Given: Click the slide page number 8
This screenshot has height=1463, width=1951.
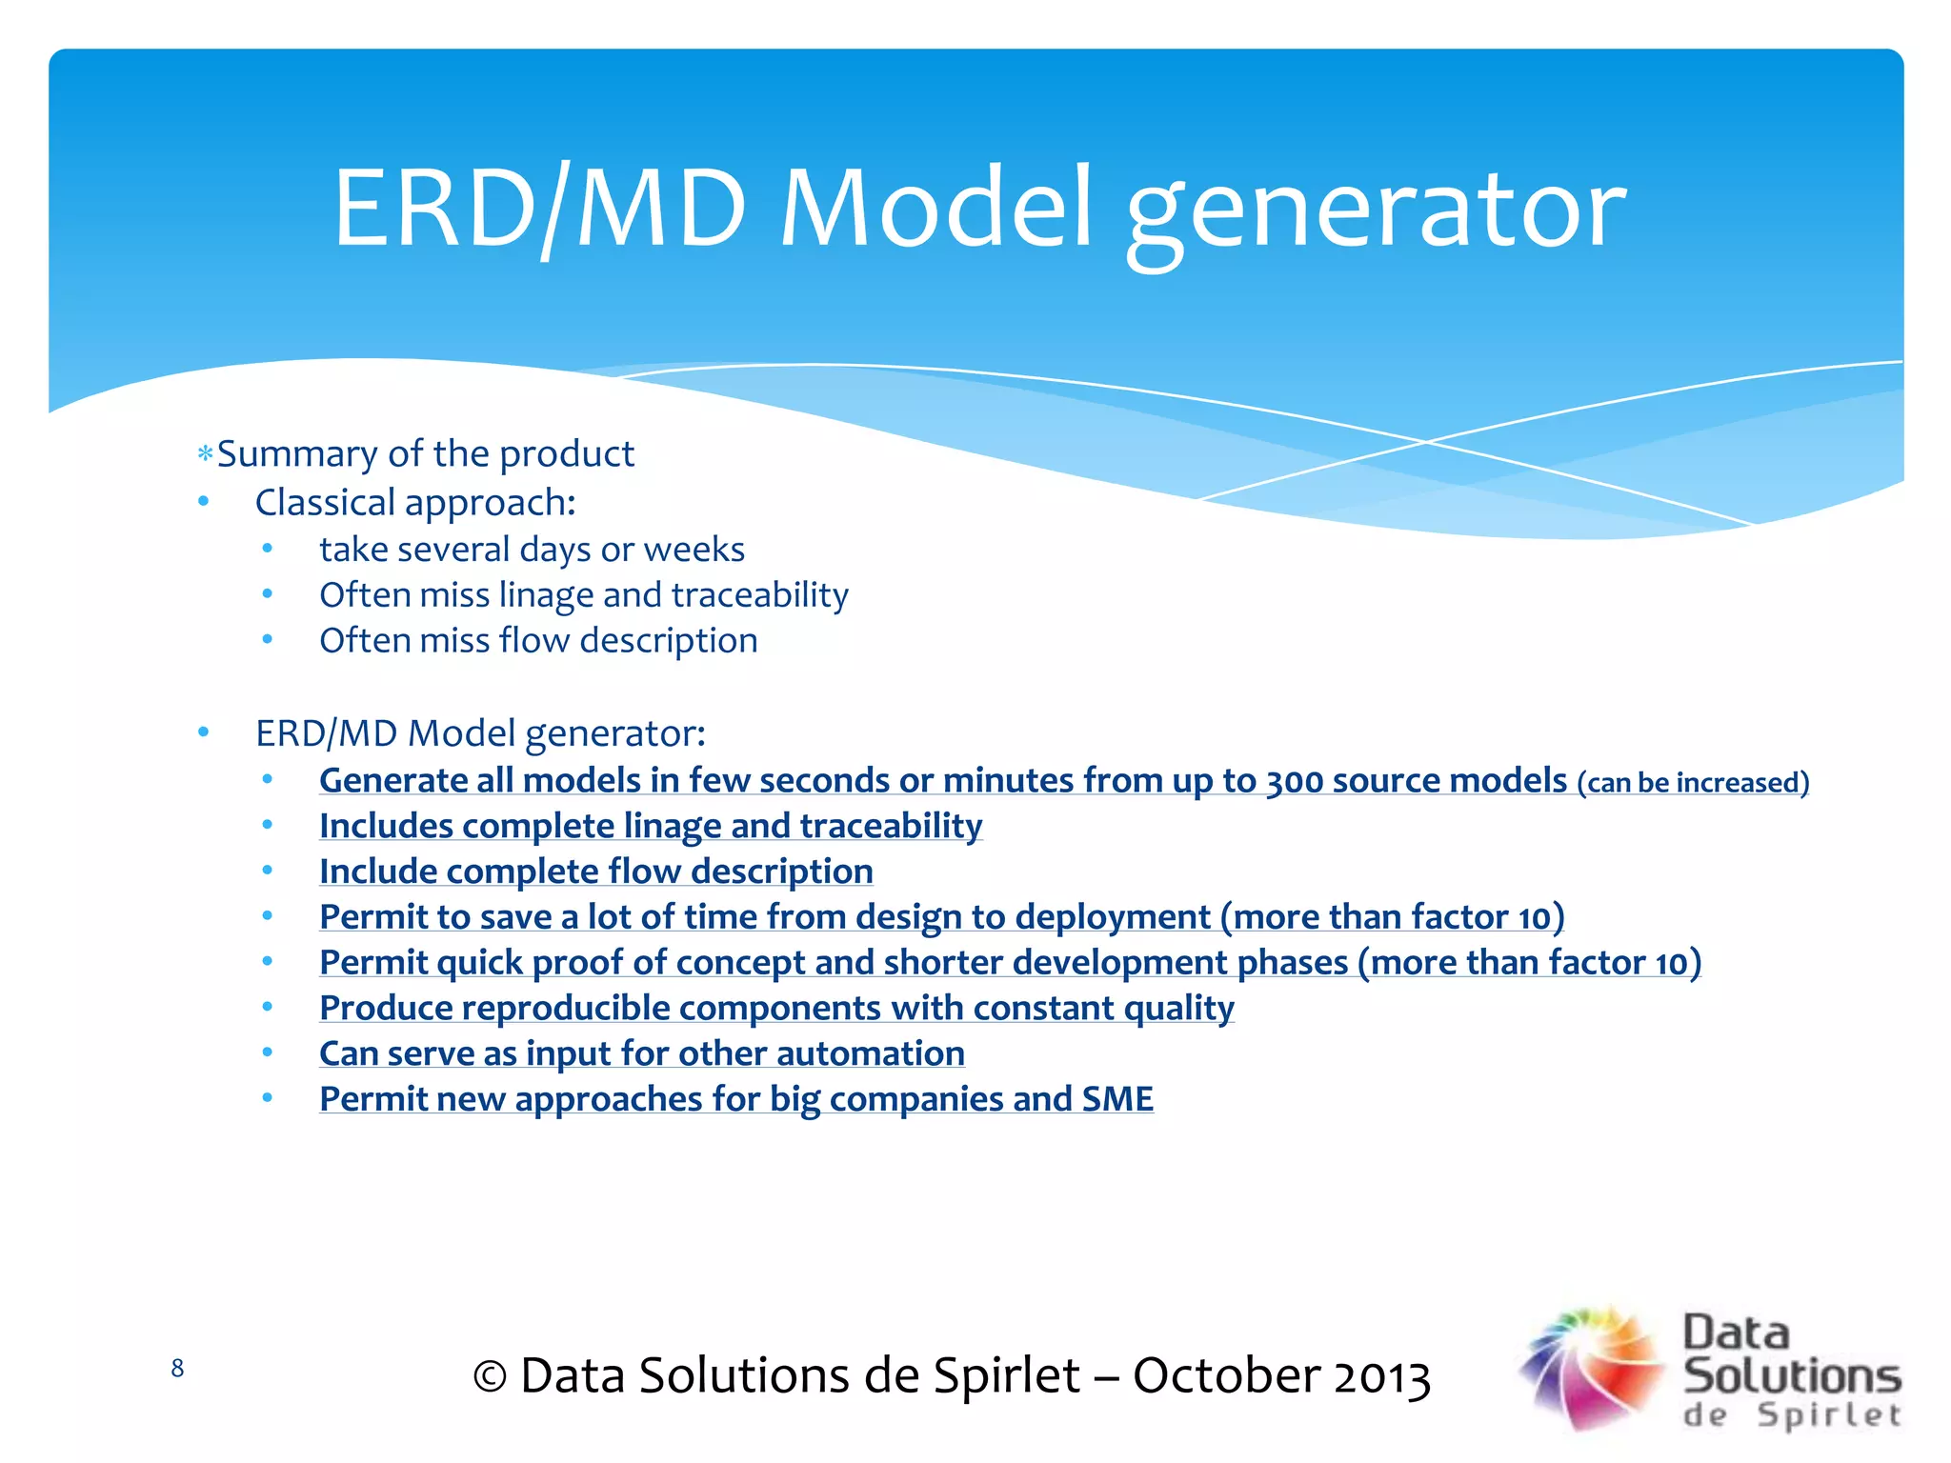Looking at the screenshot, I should pos(177,1369).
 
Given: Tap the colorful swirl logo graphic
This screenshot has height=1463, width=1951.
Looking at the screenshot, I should pos(1591,1369).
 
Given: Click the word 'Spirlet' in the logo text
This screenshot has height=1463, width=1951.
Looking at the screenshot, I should pos(1829,1415).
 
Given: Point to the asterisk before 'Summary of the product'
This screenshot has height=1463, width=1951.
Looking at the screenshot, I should pos(205,454).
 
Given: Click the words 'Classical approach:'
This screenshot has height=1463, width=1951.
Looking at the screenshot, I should pos(415,503).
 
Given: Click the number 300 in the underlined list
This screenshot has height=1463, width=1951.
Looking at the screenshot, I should pos(1294,782).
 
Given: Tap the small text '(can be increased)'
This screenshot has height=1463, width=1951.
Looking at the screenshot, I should pos(1692,783).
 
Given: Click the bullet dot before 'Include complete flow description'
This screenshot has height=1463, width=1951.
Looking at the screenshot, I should pos(268,870).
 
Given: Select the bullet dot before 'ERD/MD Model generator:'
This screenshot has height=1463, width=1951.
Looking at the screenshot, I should pos(203,731).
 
